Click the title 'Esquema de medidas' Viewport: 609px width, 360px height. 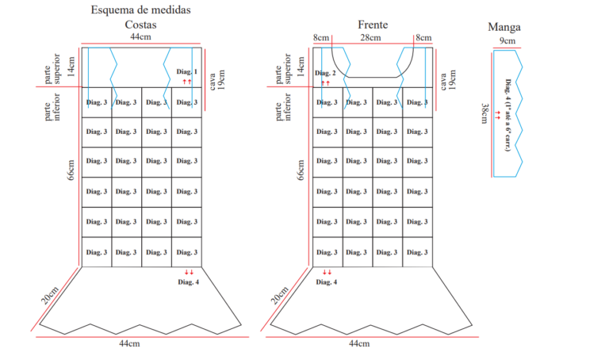tap(140, 10)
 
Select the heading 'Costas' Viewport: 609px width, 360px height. tap(140, 25)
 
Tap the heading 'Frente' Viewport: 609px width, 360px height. tap(373, 25)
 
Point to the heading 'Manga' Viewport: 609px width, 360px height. tap(504, 27)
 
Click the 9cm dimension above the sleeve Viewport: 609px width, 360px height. tap(507, 40)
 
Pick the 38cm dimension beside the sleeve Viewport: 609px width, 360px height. tap(485, 113)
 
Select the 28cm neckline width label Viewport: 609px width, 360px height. tap(370, 38)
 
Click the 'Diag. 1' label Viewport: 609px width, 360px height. tap(187, 71)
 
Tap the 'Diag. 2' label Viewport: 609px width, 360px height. tap(325, 73)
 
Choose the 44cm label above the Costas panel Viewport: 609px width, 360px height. tap(140, 37)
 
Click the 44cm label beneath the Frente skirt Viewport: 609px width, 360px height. tap(359, 343)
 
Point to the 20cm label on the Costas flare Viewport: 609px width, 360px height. tap(50, 295)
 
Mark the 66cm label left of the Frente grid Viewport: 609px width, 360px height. tap(301, 170)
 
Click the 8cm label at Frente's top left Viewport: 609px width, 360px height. tap(321, 38)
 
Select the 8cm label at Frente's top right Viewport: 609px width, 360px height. tap(423, 38)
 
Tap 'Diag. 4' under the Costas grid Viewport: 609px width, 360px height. tap(189, 282)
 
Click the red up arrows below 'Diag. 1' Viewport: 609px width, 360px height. tap(187, 82)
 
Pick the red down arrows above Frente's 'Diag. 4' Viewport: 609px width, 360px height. tap(327, 272)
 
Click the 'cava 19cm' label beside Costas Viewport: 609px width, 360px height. tap(217, 79)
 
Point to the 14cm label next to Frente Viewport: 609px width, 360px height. tap(301, 67)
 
